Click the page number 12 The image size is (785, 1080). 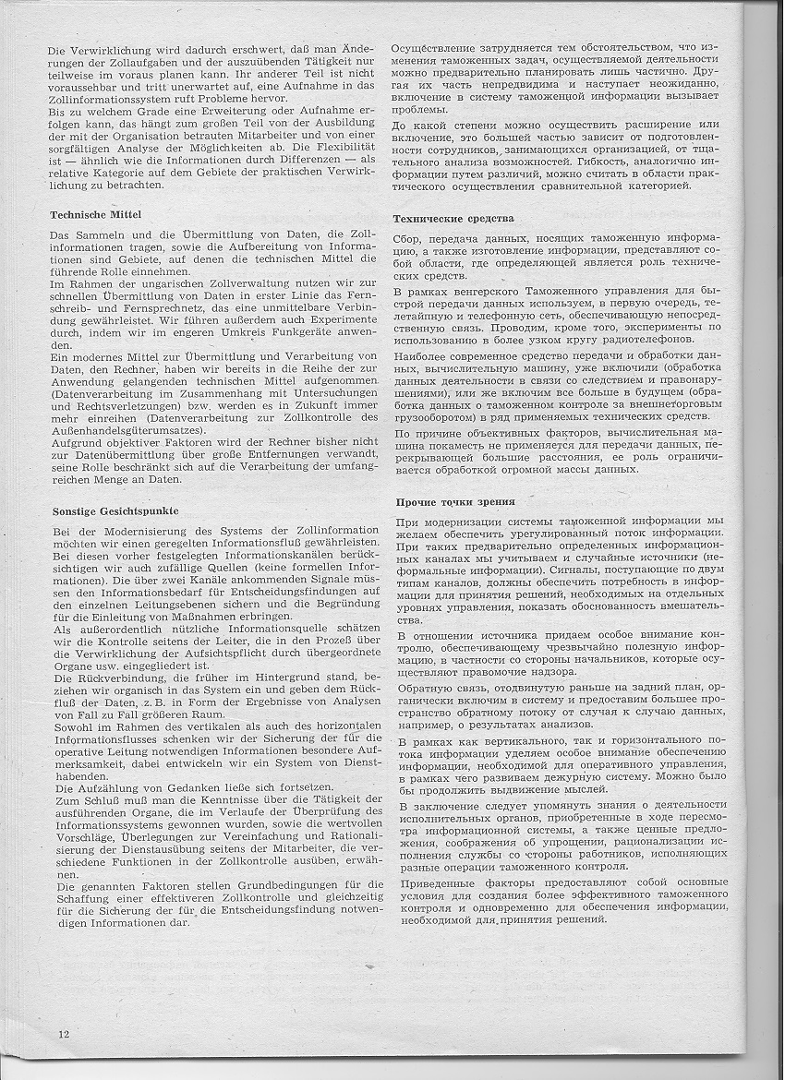63,1033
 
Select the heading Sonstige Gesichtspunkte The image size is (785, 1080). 115,510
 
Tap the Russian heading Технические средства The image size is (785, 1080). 453,219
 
